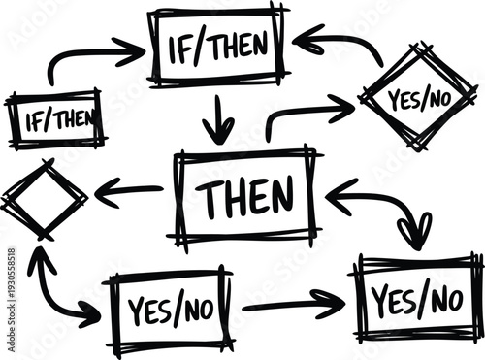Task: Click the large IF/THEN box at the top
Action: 218,45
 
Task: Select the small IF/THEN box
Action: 55,119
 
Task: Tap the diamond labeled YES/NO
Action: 418,97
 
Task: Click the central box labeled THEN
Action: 246,197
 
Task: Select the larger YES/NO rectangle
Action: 418,299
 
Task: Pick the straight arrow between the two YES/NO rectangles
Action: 291,305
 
